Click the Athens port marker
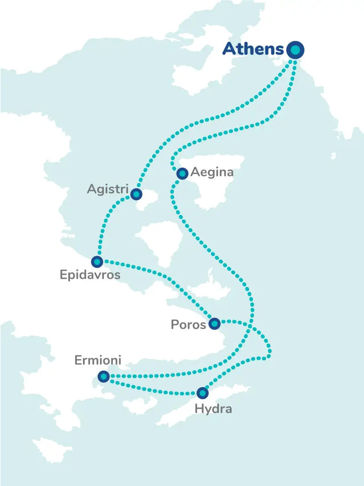point(296,50)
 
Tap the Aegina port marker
point(182,173)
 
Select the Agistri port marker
point(136,194)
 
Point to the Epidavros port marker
point(97,261)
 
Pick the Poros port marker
point(214,324)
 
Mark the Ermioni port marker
point(104,376)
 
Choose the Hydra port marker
point(202,392)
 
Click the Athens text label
point(253,49)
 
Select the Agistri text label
point(108,189)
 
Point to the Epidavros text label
point(90,275)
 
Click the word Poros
point(188,324)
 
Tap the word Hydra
point(213,409)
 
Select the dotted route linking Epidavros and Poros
point(159,273)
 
